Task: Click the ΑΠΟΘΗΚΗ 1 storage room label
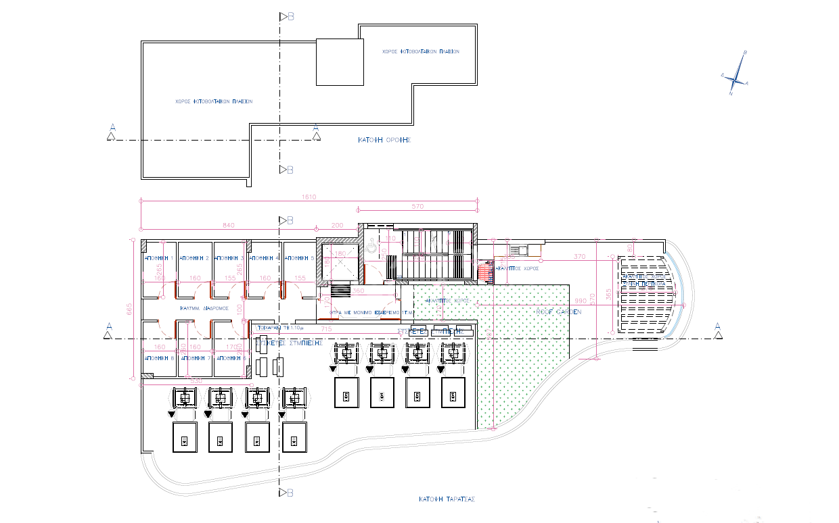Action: click(x=160, y=258)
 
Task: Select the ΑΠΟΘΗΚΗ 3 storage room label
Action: click(x=229, y=258)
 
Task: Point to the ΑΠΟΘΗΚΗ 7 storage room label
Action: click(x=195, y=358)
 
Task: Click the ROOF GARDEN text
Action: click(x=558, y=312)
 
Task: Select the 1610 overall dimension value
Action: click(x=309, y=197)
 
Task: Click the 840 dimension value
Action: click(x=227, y=225)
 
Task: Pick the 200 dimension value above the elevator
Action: click(x=337, y=225)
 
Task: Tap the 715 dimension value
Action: click(x=325, y=329)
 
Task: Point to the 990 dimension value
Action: click(x=580, y=300)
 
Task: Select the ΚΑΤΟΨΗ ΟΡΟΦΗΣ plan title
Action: click(x=384, y=140)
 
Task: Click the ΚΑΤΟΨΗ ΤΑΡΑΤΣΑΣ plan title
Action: click(x=447, y=499)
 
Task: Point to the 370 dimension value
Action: click(x=579, y=257)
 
